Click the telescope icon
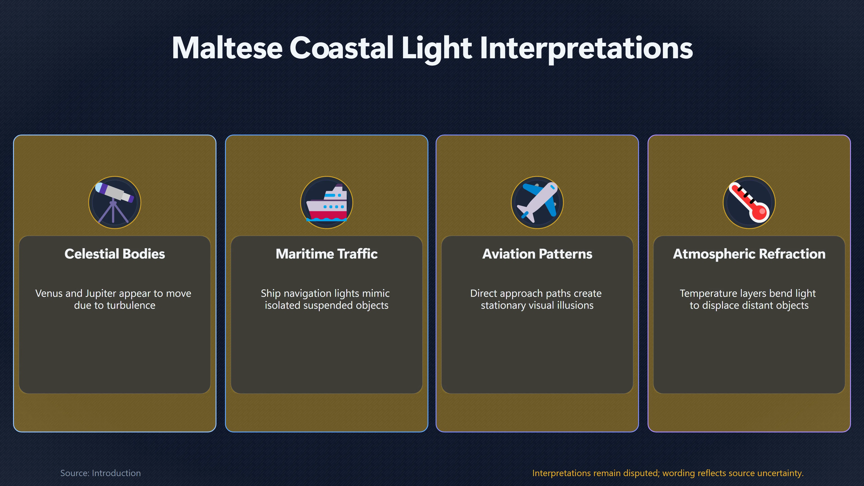114,202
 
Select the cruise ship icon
326,202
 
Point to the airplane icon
537,202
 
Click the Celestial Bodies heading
115,254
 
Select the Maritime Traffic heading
327,254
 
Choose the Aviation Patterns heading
537,254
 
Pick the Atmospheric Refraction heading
749,254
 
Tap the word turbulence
131,305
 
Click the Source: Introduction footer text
100,473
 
